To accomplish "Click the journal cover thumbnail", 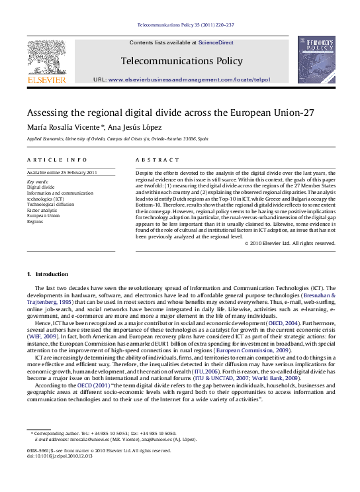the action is (316, 59).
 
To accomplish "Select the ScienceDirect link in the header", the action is (216, 42).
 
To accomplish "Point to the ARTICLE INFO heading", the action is (57, 160).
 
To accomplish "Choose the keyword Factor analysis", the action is (43, 209).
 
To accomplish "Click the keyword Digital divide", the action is (40, 187).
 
